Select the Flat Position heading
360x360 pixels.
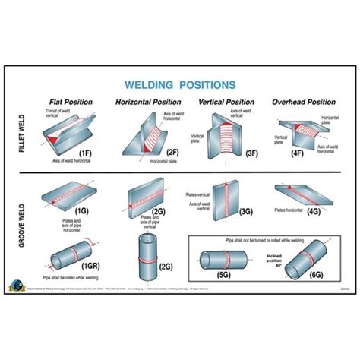[x=71, y=101]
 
